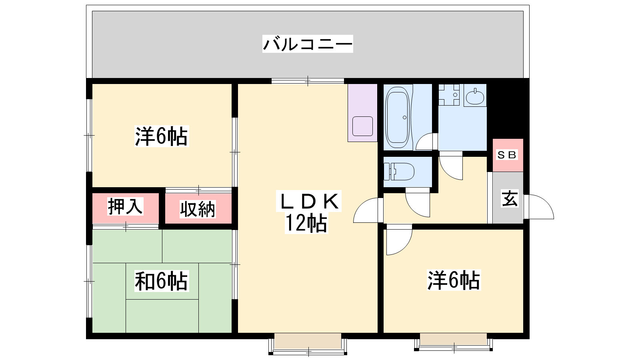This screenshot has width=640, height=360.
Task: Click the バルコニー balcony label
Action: pos(308,44)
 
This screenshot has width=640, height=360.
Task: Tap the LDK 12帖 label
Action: pos(308,212)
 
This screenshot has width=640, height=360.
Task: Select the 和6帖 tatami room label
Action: pos(162,281)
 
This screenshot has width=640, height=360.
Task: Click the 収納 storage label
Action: pos(198,209)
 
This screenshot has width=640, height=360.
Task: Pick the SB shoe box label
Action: pos(507,155)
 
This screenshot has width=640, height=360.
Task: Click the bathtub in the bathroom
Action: pos(397,117)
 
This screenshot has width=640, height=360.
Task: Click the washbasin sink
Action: pos(475,96)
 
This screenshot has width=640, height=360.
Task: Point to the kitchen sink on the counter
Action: pos(362,126)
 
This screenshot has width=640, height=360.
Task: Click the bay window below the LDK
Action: pos(308,344)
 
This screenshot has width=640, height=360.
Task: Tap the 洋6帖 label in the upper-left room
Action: pos(162,136)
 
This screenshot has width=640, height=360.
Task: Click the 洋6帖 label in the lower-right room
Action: pos(454,280)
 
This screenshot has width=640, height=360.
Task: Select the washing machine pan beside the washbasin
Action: pos(449,94)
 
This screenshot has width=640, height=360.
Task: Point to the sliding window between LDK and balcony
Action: pos(308,81)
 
